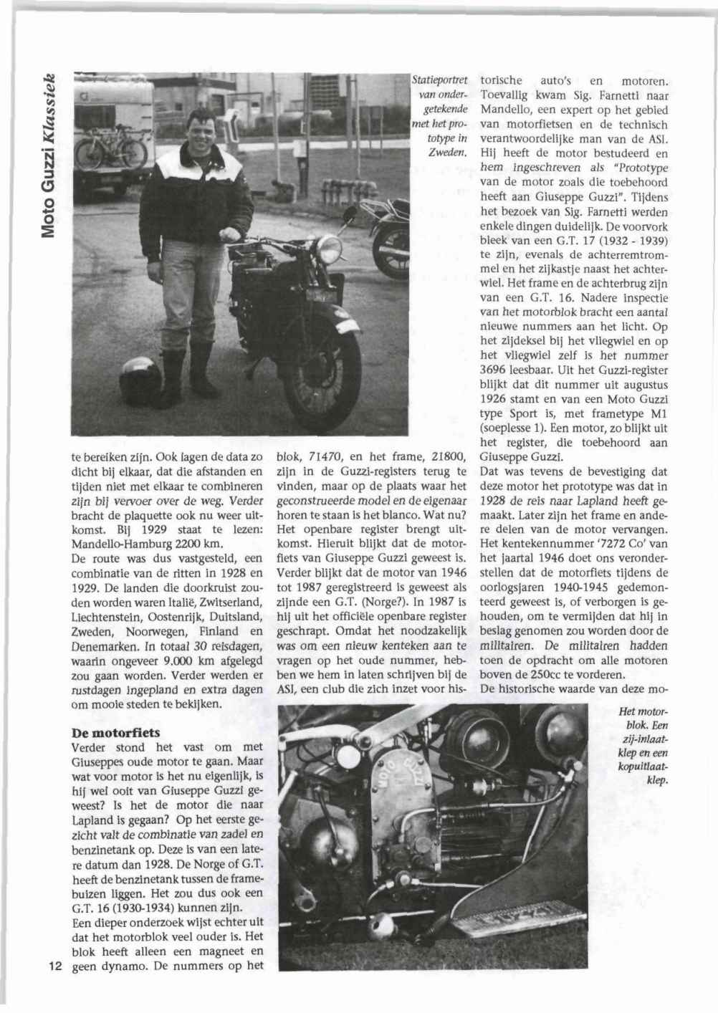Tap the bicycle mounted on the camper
tap(111, 148)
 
